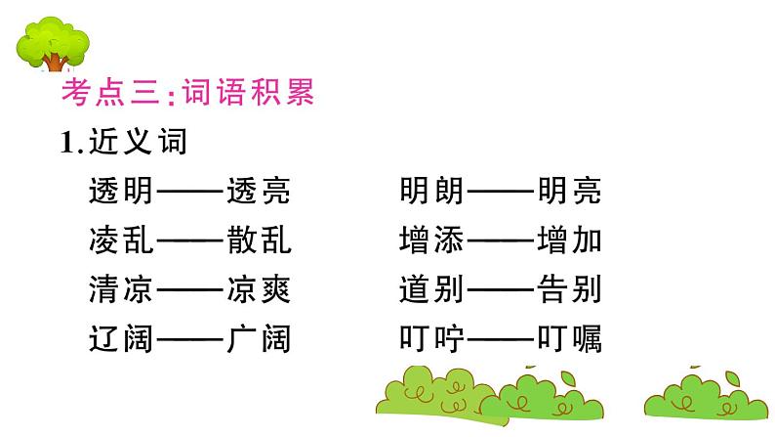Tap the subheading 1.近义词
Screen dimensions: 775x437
(123, 143)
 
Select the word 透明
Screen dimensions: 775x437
(120, 192)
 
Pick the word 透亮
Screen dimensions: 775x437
(258, 192)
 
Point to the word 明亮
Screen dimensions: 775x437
(569, 192)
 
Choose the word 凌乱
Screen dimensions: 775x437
(120, 240)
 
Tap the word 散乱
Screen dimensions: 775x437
(258, 240)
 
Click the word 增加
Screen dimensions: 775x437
(569, 240)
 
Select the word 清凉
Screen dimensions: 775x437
(120, 290)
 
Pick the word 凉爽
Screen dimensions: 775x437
(258, 290)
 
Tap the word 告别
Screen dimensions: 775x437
(569, 290)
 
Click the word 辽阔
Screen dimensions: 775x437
(120, 339)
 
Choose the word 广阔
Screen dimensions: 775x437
(258, 339)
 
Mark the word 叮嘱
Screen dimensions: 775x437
(569, 339)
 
